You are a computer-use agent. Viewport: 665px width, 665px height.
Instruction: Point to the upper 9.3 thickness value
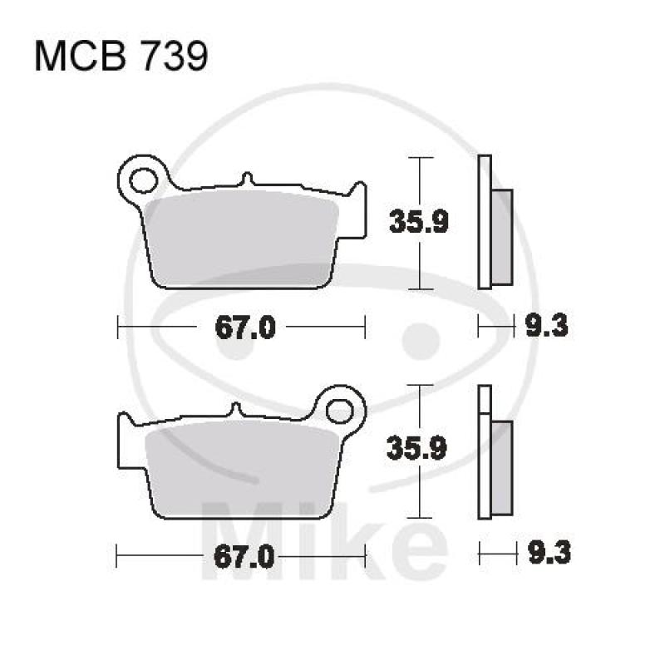[x=546, y=328]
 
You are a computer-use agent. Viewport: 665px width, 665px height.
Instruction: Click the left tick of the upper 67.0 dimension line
[x=117, y=328]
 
